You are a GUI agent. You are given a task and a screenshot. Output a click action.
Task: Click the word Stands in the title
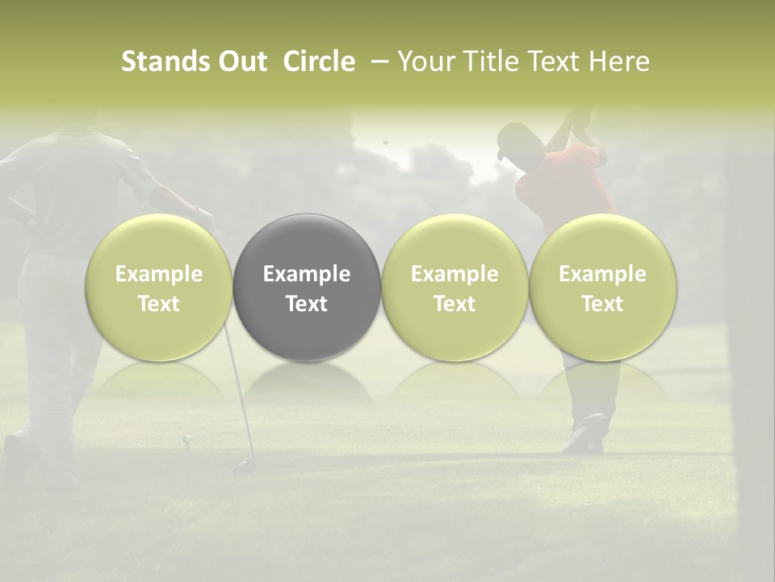165,61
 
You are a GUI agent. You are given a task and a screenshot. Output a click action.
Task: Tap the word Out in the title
241,61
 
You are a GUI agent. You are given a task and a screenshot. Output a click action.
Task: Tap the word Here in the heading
621,61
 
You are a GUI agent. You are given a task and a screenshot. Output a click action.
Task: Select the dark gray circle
307,242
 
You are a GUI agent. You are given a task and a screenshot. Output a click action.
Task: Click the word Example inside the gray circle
307,274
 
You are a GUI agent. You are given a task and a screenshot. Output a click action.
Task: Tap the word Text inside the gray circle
307,304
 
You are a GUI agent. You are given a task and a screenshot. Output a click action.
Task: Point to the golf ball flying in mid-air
385,142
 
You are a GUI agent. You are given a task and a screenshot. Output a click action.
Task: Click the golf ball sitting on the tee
186,440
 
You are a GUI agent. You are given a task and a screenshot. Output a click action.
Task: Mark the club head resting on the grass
242,466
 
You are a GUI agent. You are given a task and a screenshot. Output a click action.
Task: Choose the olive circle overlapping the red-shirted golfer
602,287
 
